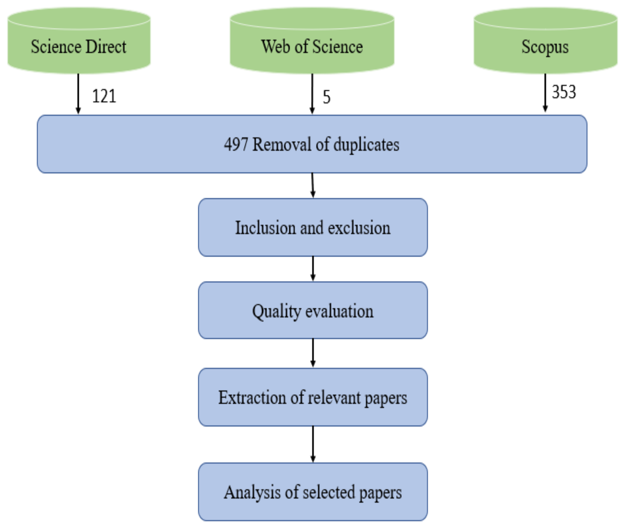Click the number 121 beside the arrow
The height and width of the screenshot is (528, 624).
[104, 96]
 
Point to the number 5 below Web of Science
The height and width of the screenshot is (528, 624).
[326, 97]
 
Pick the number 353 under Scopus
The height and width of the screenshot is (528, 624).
[564, 92]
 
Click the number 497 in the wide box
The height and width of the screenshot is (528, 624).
[236, 145]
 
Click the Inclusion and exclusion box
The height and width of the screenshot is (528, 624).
[313, 228]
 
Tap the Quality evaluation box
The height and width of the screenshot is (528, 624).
[313, 310]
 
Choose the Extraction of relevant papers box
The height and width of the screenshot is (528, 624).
[313, 397]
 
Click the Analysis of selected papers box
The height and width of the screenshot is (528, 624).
[313, 492]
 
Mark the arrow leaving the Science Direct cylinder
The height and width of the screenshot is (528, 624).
[78, 93]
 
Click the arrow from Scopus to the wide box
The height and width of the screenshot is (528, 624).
[545, 93]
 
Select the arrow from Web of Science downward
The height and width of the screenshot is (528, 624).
[312, 93]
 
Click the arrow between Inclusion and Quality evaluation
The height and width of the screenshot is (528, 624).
[313, 268]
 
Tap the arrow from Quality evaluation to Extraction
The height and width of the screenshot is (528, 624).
[313, 353]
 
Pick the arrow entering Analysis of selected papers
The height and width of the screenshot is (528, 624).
[313, 444]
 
